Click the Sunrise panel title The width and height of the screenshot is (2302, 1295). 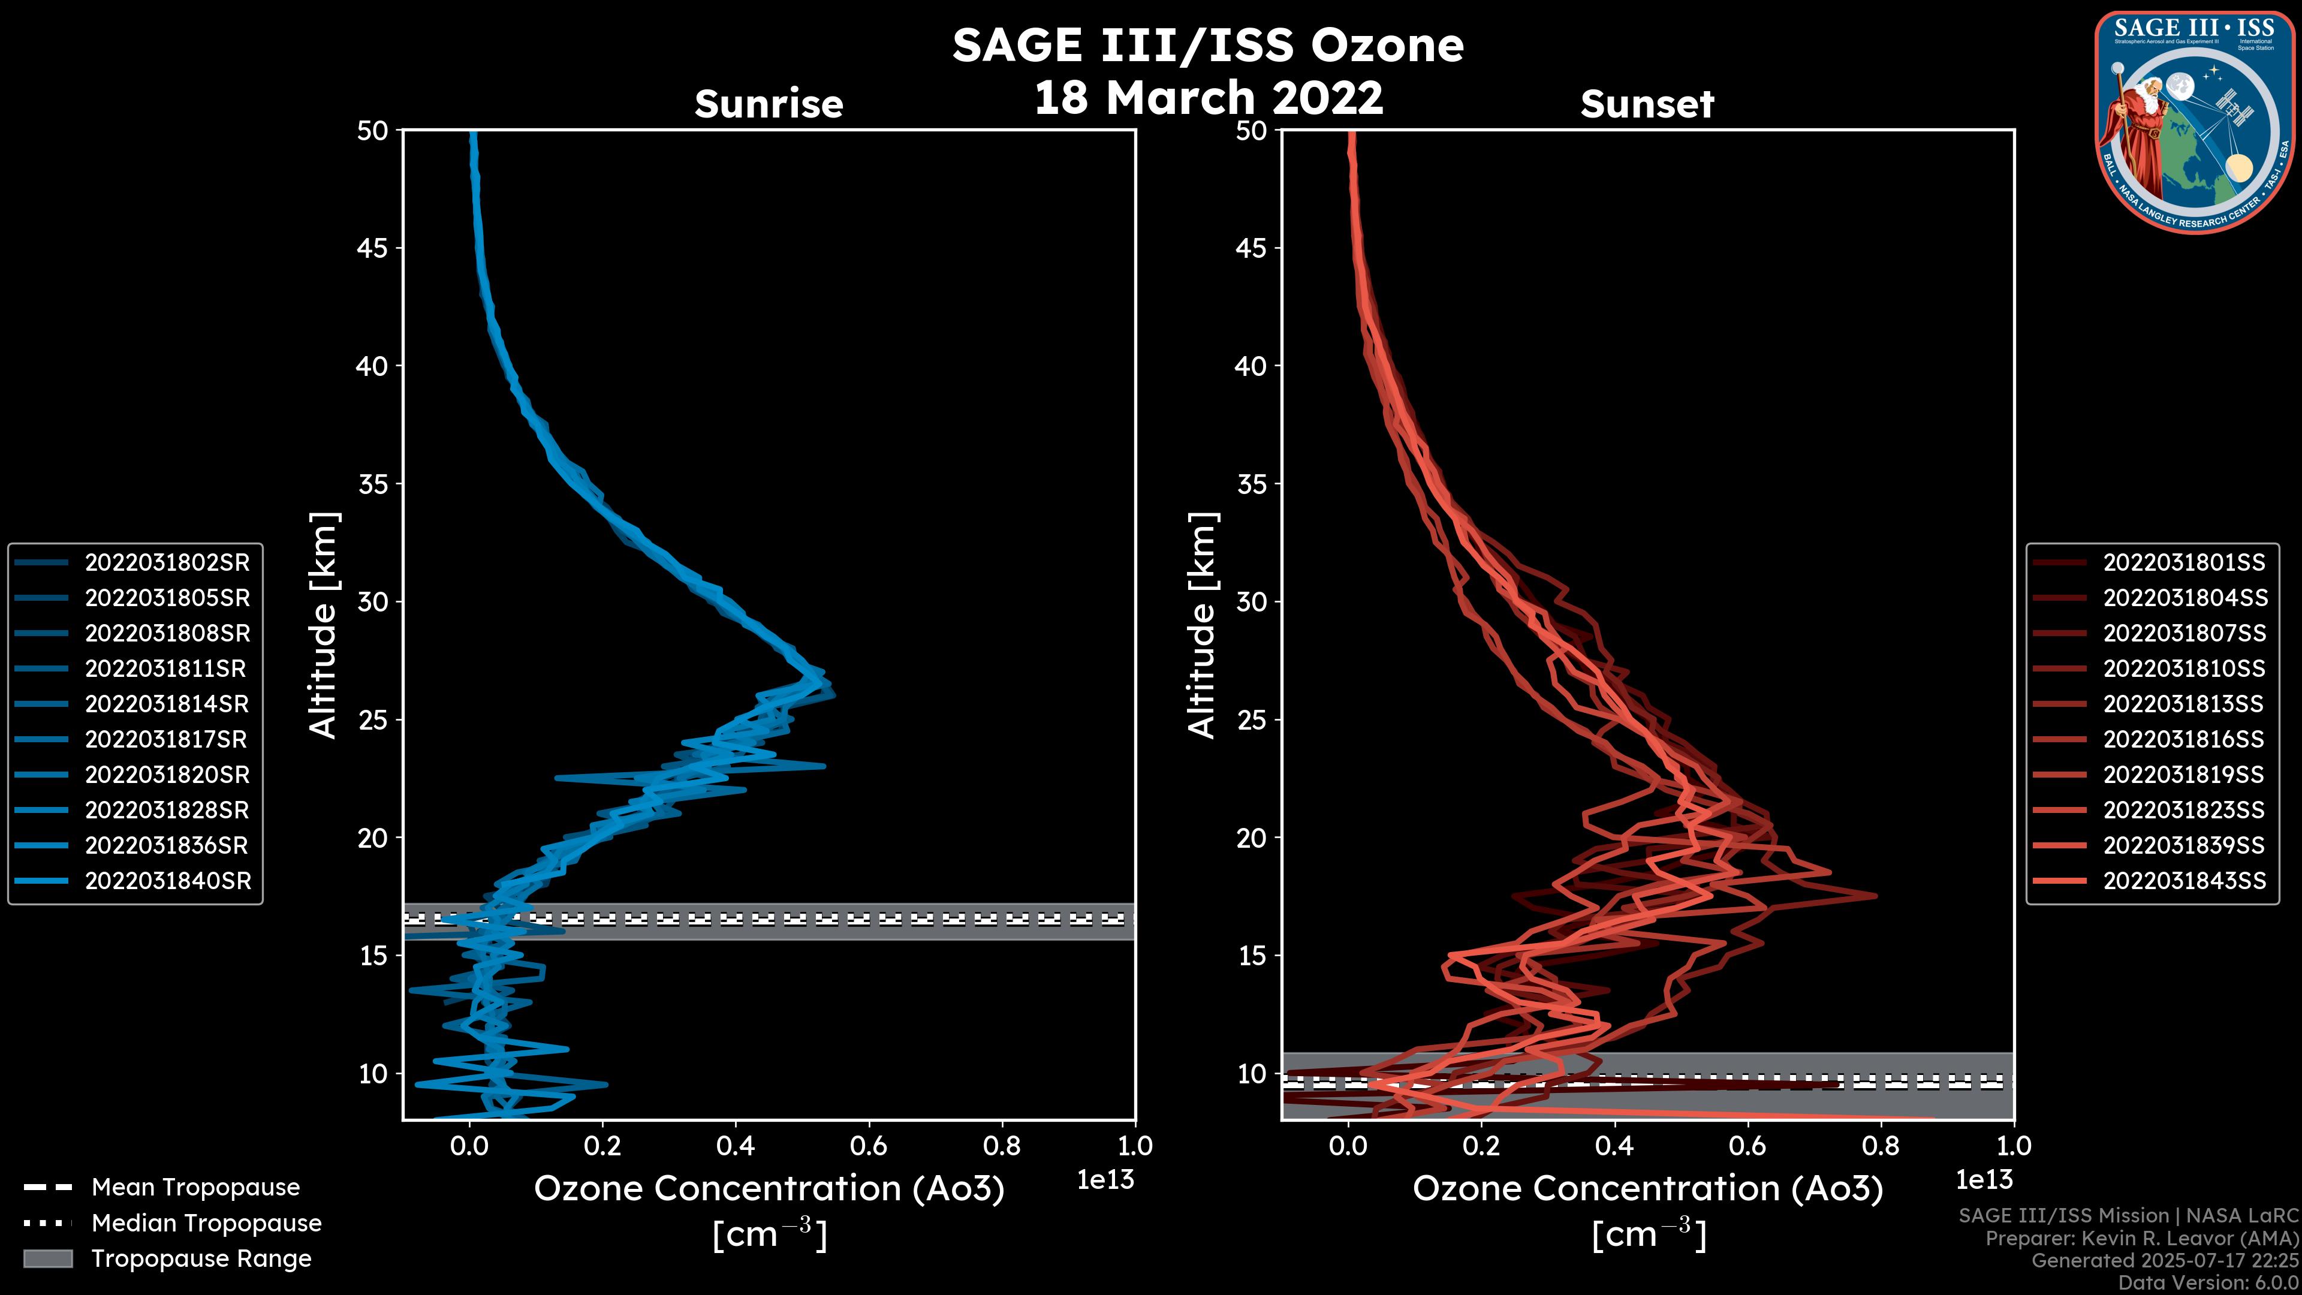769,104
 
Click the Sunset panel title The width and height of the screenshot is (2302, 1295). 1647,104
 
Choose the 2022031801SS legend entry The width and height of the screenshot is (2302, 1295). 2184,562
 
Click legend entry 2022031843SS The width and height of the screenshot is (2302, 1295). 2184,880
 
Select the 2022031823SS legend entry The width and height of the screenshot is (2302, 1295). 2184,810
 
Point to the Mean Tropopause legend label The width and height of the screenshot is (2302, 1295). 195,1187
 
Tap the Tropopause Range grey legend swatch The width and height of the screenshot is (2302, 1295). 48,1258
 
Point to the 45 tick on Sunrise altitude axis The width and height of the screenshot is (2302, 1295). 373,248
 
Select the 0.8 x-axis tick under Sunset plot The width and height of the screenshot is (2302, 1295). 1880,1146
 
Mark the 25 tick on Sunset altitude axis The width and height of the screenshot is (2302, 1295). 1252,719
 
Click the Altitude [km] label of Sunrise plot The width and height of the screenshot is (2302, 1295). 324,625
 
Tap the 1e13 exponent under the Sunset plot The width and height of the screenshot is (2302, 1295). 1984,1180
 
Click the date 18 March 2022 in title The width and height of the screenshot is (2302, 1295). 1208,97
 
